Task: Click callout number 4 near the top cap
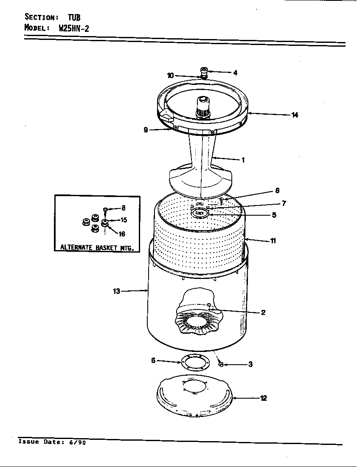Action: pyautogui.click(x=235, y=73)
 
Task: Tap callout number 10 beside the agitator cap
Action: pyautogui.click(x=170, y=76)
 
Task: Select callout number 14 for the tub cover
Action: pyautogui.click(x=295, y=115)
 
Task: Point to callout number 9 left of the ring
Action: pyautogui.click(x=146, y=130)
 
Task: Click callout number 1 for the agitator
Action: pyautogui.click(x=243, y=160)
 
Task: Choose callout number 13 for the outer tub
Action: pyautogui.click(x=116, y=291)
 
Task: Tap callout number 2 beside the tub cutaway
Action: pyautogui.click(x=263, y=312)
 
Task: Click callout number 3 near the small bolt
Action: pyautogui.click(x=250, y=364)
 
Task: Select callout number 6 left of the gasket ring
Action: pyautogui.click(x=153, y=360)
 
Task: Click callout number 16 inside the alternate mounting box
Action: pyautogui.click(x=122, y=234)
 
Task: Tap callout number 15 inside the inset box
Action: pyautogui.click(x=124, y=220)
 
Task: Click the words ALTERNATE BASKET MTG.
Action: pyautogui.click(x=97, y=247)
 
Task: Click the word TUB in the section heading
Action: pyautogui.click(x=73, y=17)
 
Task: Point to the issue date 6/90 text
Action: pyautogui.click(x=77, y=442)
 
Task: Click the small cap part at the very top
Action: pyautogui.click(x=204, y=71)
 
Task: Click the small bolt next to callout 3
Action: pyautogui.click(x=221, y=364)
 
